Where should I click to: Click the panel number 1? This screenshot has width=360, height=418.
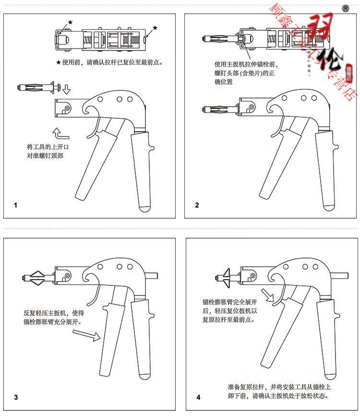click(16, 205)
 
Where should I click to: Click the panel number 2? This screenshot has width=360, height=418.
click(197, 205)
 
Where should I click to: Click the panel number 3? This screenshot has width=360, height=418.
click(16, 397)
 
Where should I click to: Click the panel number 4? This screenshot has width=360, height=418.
click(198, 397)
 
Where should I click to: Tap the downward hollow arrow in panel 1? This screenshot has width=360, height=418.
click(66, 89)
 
